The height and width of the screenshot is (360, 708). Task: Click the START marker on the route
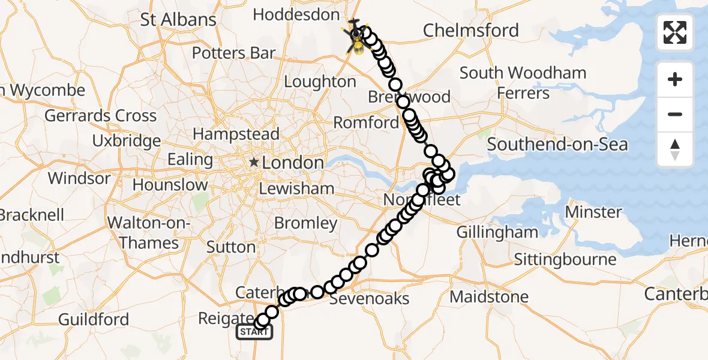[254, 332]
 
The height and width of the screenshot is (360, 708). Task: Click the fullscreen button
[675, 32]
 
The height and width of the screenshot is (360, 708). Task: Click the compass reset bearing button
[675, 149]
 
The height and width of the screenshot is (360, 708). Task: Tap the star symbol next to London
[254, 162]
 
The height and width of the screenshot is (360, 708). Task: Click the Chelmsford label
[471, 30]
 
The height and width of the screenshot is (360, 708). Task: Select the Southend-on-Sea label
[557, 144]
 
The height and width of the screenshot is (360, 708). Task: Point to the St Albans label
[178, 19]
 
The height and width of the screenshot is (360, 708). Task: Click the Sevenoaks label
[370, 298]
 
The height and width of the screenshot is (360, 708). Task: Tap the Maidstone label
[489, 296]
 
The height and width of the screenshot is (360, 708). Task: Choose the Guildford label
[94, 319]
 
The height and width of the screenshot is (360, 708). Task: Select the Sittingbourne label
[565, 259]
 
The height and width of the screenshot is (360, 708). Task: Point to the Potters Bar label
[233, 53]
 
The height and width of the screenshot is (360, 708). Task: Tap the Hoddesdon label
[295, 14]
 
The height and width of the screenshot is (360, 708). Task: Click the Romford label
[365, 123]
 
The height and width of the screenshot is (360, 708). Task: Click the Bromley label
[305, 223]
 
